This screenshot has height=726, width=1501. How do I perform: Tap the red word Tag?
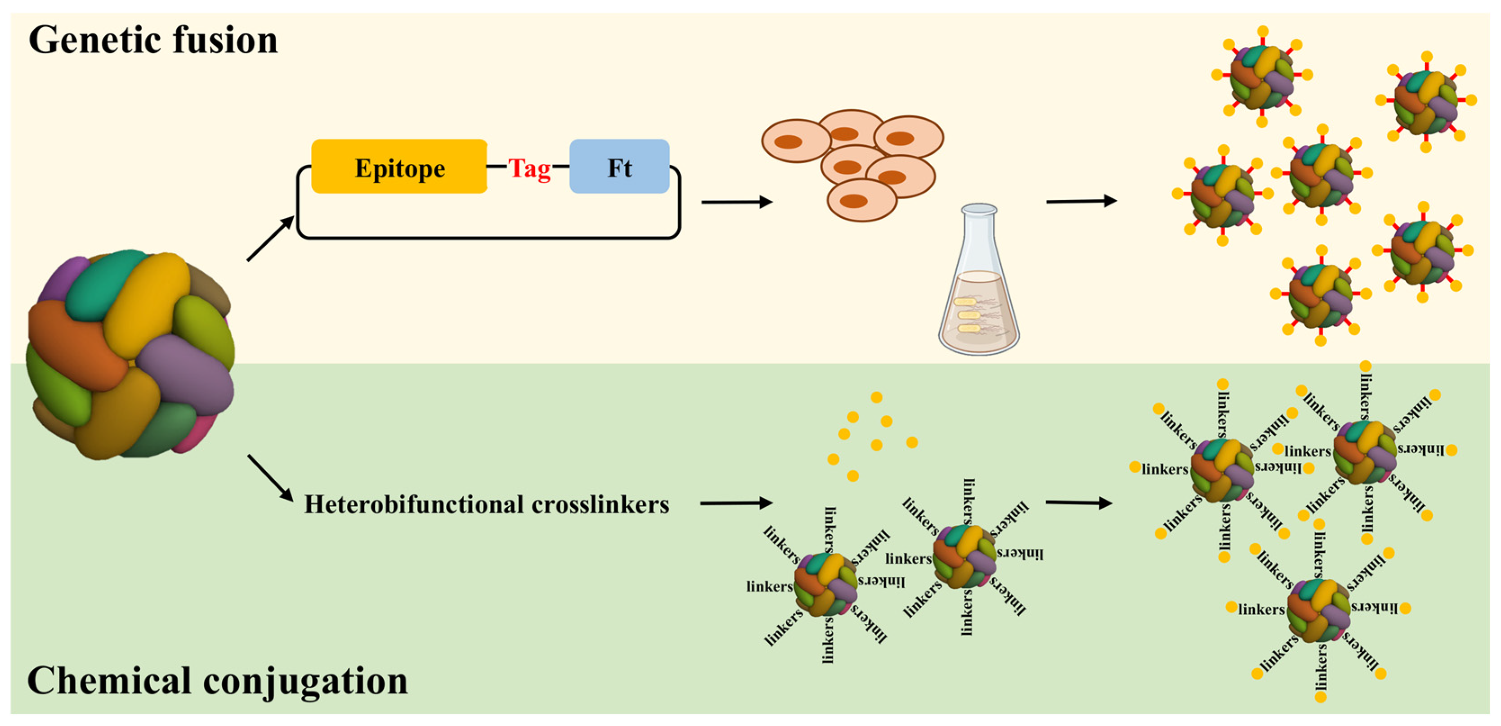click(x=529, y=168)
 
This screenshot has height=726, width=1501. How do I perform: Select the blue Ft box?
click(x=619, y=167)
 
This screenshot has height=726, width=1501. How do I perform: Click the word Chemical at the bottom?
click(x=109, y=681)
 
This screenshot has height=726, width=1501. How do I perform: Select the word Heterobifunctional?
click(x=414, y=505)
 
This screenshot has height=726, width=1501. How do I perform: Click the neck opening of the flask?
click(x=979, y=209)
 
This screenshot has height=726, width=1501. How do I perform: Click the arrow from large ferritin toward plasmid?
click(x=270, y=239)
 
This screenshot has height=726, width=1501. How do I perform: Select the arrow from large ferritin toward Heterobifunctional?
click(x=270, y=478)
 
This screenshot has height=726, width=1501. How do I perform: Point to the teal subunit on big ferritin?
click(x=105, y=286)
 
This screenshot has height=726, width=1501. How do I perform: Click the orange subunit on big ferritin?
click(x=70, y=344)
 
